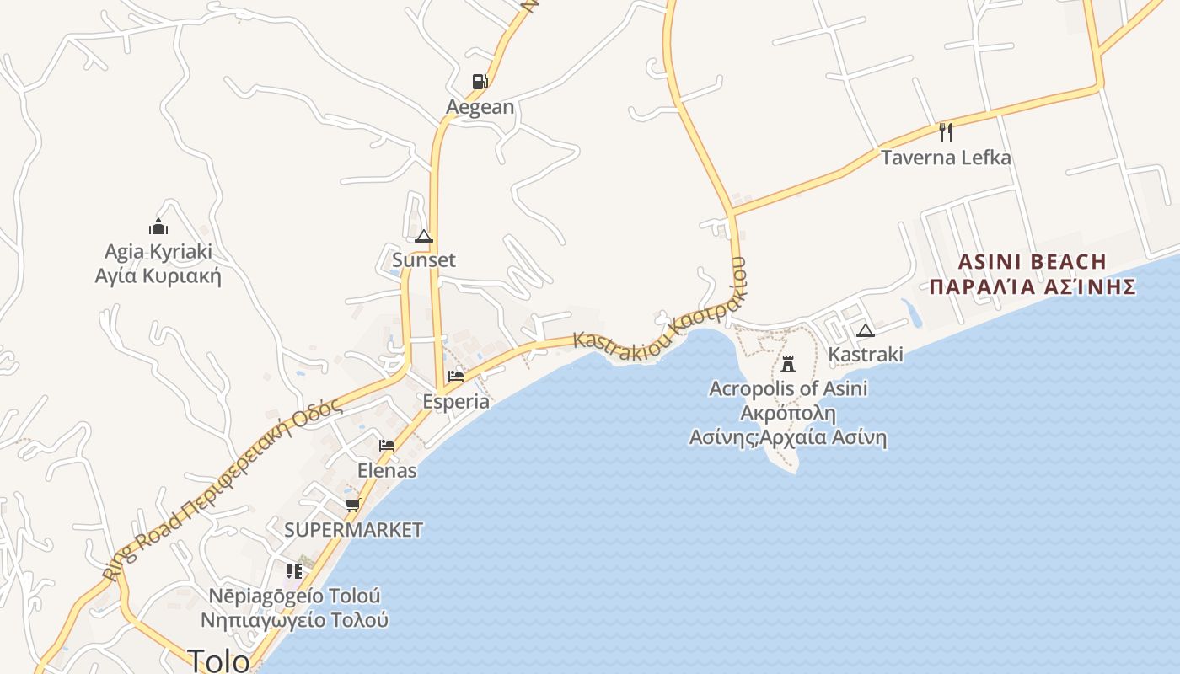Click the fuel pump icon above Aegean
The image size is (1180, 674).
coord(480,82)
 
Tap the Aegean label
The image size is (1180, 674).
coord(480,107)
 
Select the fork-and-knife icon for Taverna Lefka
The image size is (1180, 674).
coord(946,131)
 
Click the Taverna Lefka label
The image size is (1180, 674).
coord(946,158)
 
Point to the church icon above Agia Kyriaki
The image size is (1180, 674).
coord(158,227)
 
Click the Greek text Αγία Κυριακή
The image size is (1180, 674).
coord(158,275)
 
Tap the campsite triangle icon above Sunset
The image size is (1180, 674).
coord(424,236)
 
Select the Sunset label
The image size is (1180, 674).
coord(424,260)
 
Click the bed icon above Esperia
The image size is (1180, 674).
coord(456,376)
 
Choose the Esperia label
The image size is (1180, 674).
coord(456,401)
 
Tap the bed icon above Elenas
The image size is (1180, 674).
coord(387,445)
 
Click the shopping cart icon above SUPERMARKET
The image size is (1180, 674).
coord(352,505)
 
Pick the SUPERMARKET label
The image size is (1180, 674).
coord(353,530)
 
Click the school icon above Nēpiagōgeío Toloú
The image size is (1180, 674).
coord(293,571)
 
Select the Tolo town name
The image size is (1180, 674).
coord(218,661)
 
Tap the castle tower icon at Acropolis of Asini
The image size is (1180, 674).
coord(788,364)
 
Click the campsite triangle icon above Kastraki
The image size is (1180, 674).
coord(866,330)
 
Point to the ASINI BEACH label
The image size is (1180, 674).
coord(1032,261)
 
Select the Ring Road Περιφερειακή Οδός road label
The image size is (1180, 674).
coord(223,489)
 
